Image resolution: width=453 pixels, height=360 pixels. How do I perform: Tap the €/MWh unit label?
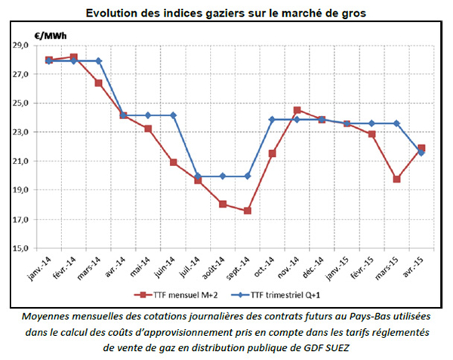pos(49,35)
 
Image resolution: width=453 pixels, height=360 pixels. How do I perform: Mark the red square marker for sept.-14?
pos(248,211)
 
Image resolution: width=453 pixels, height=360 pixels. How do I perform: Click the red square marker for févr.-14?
pos(73,57)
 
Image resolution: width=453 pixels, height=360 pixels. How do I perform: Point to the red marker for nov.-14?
pos(297,110)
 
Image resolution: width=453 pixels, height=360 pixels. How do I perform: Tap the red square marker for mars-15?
pos(396,179)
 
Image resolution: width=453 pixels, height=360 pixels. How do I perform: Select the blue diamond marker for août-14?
pos(223,177)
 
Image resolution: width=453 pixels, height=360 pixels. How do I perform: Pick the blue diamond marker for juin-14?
pos(174,115)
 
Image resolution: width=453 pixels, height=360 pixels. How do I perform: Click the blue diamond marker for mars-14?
pos(99,61)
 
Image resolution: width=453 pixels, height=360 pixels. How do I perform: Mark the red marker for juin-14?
pos(174,162)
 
